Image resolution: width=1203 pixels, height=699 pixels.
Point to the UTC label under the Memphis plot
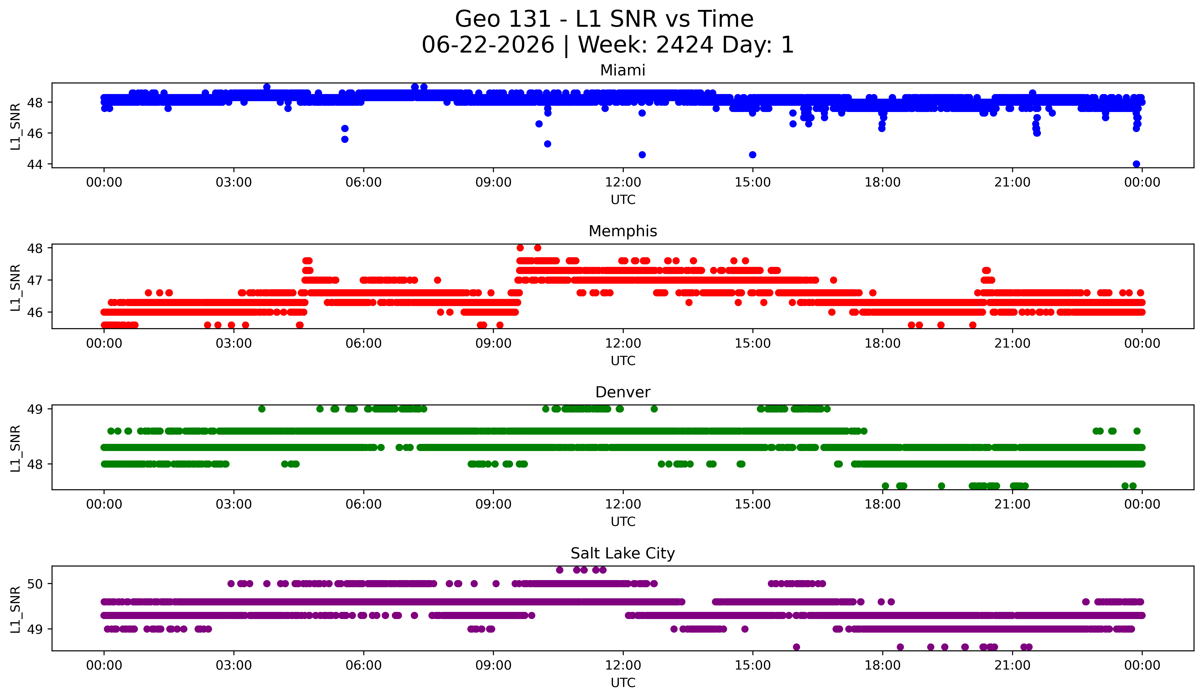click(623, 361)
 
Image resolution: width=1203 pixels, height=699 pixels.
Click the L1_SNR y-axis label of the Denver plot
click(15, 448)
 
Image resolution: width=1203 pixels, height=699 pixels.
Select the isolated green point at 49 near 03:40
click(262, 409)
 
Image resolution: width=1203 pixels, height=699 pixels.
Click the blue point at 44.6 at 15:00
click(753, 155)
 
